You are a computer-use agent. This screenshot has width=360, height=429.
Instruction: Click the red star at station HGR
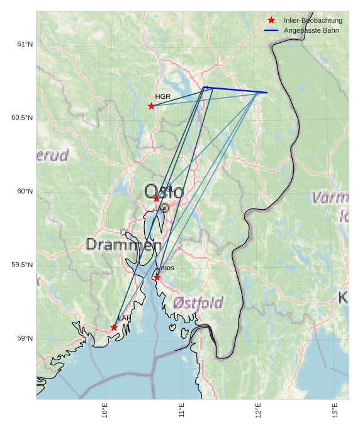151,106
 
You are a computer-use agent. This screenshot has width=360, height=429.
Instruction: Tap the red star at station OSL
157,198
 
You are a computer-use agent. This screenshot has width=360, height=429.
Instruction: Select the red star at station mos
157,277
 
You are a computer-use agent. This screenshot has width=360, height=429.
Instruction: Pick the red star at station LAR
114,328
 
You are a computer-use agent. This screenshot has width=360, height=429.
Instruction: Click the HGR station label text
162,96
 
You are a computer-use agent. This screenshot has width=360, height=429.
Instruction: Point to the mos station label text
167,268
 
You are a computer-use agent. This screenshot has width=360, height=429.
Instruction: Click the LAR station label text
125,318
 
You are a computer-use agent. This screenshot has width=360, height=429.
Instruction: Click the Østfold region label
198,303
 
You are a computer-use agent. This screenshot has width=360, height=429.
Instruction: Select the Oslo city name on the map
163,192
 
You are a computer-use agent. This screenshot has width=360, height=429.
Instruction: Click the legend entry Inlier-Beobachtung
313,20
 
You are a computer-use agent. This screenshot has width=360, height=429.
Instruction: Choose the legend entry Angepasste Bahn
311,30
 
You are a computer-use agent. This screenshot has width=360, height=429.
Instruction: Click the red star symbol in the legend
271,20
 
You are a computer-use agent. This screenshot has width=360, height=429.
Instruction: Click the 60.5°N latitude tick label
22,118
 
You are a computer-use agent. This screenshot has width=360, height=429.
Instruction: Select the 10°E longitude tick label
105,410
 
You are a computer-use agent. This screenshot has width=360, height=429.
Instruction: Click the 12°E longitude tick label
258,410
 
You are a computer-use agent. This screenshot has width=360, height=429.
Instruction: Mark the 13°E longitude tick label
335,410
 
